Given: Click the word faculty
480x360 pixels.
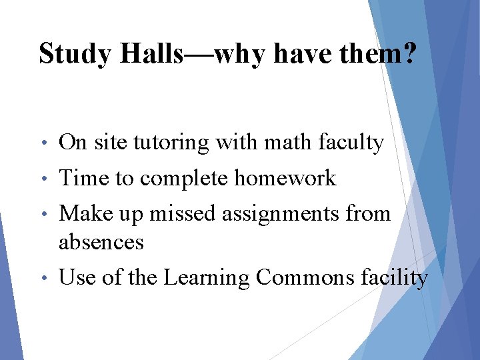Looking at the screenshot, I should click(351, 143).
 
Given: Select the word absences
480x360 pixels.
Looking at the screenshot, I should click(101, 242).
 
